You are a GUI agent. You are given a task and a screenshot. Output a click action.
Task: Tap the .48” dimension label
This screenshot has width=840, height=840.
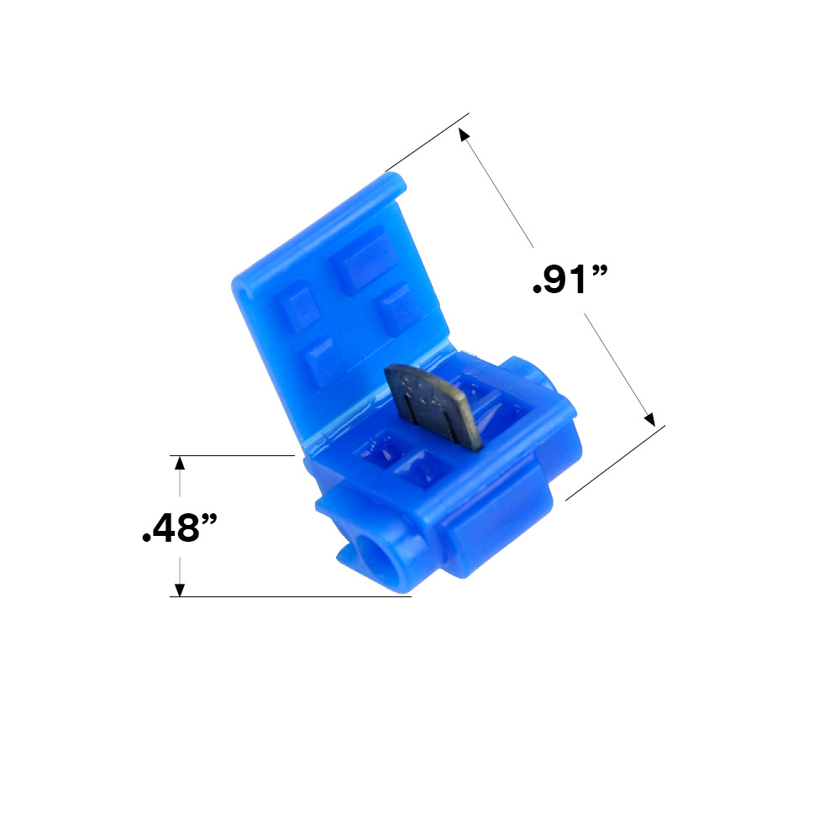pos(180,527)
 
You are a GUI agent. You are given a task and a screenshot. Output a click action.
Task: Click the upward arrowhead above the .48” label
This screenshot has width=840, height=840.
pos(179,463)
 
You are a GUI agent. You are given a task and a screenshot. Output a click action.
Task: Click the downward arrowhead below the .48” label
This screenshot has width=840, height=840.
pos(179,589)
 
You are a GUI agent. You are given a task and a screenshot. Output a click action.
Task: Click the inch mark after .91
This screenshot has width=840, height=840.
pos(600,271)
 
